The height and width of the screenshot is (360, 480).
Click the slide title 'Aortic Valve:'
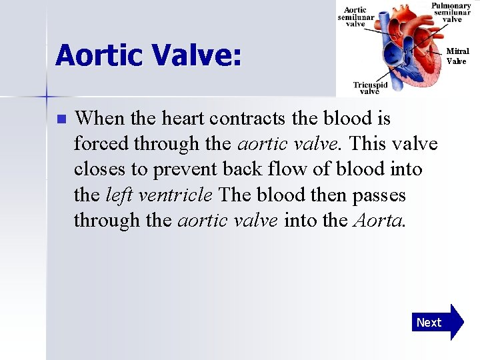[x=148, y=55]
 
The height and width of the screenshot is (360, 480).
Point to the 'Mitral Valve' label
[x=457, y=56]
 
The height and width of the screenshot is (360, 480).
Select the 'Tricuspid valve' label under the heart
[x=370, y=88]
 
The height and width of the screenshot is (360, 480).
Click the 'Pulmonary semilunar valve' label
[x=451, y=13]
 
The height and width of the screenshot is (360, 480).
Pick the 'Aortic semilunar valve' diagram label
[x=355, y=17]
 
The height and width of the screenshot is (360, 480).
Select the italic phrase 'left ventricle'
[x=159, y=195]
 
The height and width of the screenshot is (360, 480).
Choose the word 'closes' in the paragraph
[x=99, y=169]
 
